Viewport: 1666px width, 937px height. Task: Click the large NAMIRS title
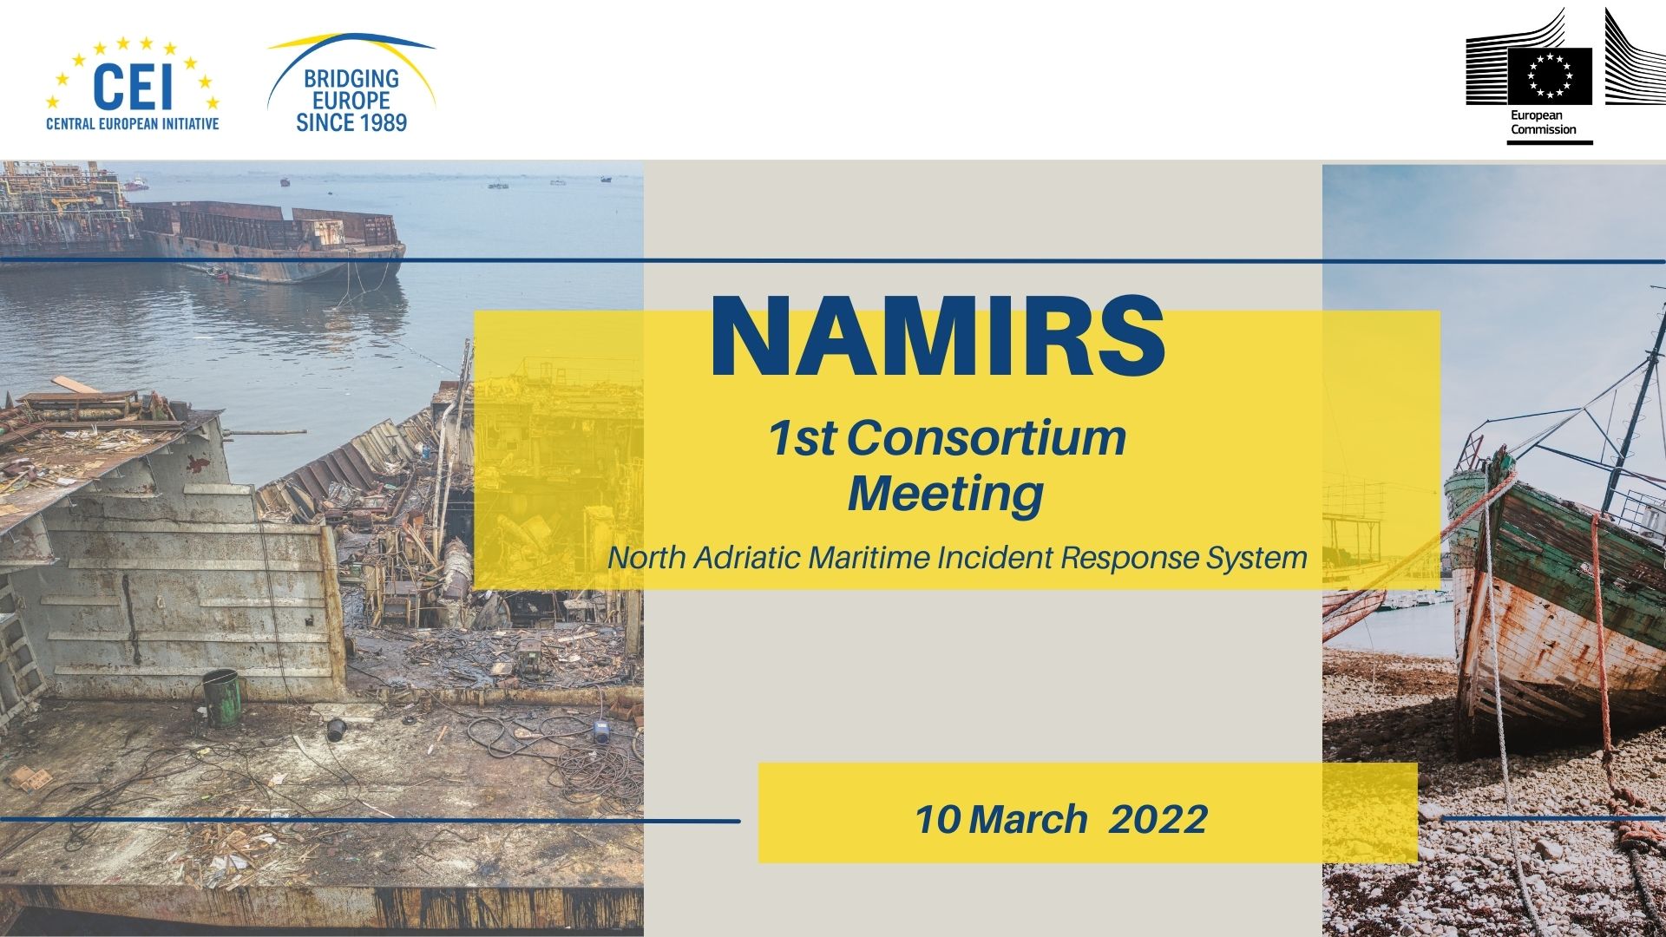pyautogui.click(x=937, y=338)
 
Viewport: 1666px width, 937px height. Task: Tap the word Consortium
pyautogui.click(x=986, y=438)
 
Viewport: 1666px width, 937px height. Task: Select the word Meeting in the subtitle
pyautogui.click(x=946, y=495)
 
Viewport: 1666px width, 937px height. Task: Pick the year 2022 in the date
pyautogui.click(x=1158, y=820)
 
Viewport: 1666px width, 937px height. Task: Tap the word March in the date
pyautogui.click(x=1028, y=820)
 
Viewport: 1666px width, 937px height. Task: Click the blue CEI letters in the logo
pyautogui.click(x=132, y=87)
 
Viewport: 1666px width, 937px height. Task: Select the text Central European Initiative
pyautogui.click(x=132, y=124)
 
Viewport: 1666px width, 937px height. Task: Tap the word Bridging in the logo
pyautogui.click(x=351, y=79)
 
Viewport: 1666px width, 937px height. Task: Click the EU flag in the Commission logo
pyautogui.click(x=1549, y=76)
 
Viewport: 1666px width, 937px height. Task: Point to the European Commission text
pyautogui.click(x=1543, y=122)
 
